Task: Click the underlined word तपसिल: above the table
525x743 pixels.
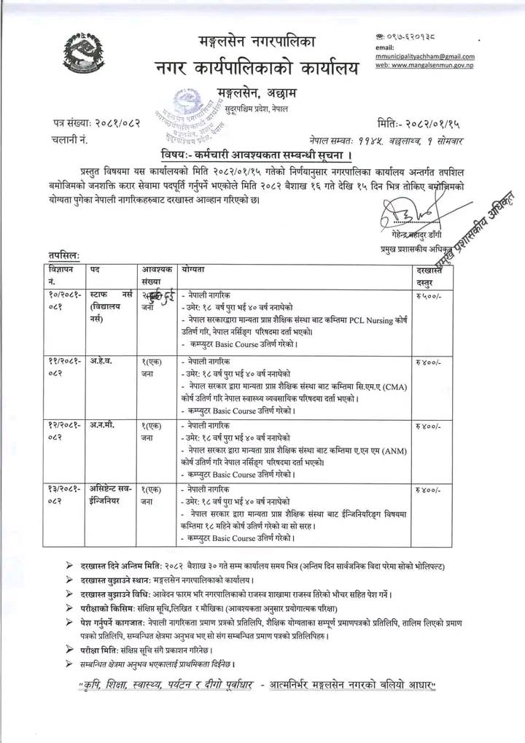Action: (x=64, y=255)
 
